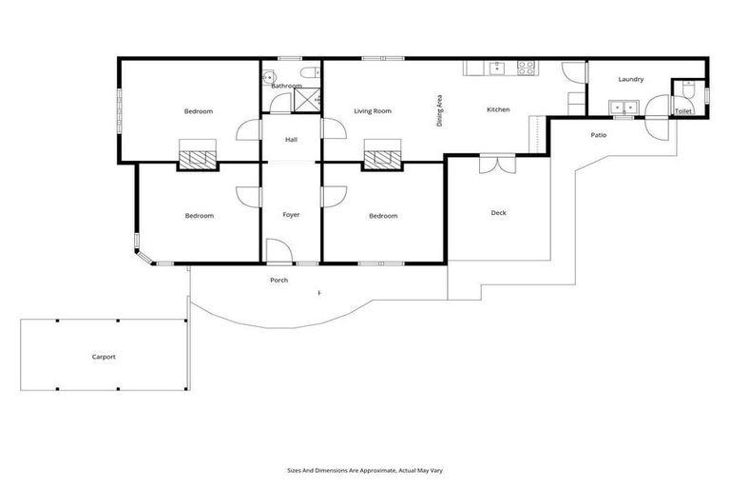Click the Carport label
104,357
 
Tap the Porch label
279,280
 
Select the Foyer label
291,215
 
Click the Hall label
291,141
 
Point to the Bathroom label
286,86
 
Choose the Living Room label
373,111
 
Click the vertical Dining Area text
440,110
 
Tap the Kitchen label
498,109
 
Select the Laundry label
631,79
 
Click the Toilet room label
683,111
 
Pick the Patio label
598,135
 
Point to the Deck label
498,213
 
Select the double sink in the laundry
624,107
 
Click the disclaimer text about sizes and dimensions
364,469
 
